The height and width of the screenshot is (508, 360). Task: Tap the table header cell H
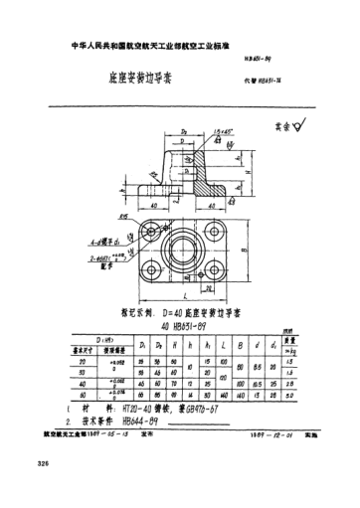(174, 345)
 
